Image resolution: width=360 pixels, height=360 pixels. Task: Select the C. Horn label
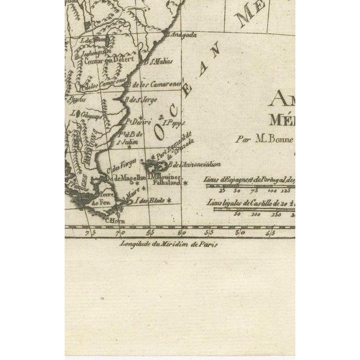point(115,221)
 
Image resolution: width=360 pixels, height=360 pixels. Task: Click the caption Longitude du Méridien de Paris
point(168,244)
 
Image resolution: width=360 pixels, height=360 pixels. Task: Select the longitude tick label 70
point(119,232)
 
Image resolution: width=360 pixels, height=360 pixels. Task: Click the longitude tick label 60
point(180,232)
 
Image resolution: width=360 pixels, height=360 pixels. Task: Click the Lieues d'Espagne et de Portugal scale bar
point(250,185)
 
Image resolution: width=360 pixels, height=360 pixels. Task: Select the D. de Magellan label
point(126,178)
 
